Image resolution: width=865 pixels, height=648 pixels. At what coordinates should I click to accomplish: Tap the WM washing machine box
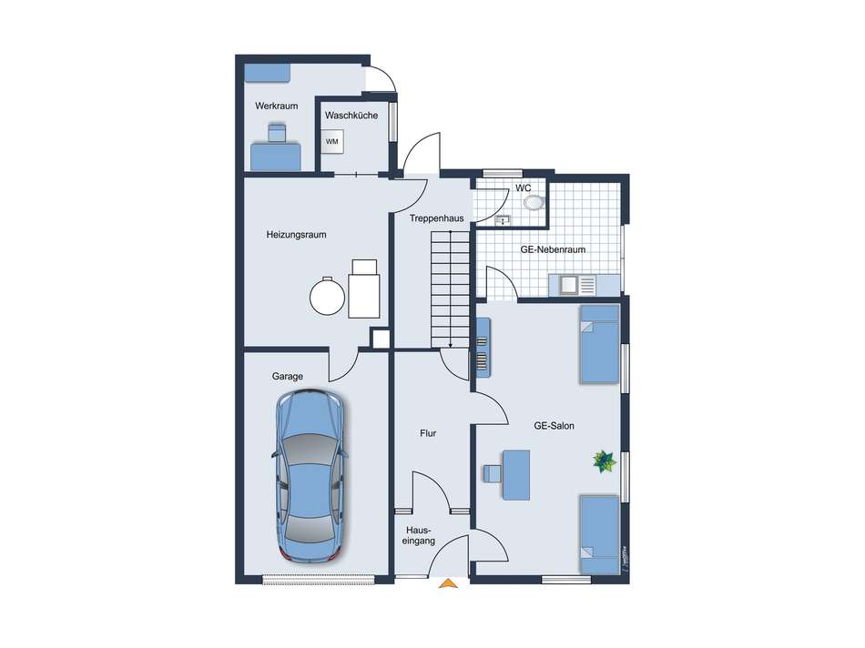pos(332,142)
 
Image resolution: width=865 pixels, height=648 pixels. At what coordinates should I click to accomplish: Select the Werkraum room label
pos(277,106)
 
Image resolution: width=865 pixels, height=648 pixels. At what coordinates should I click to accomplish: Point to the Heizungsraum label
pos(296,235)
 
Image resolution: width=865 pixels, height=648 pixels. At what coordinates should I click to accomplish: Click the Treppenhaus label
pos(437,218)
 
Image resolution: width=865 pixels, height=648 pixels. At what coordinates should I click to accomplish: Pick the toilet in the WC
pos(533,203)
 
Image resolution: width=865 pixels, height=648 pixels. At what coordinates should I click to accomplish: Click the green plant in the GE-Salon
pos(603,461)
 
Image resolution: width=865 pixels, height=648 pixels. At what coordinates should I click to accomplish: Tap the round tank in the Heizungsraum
pos(326,295)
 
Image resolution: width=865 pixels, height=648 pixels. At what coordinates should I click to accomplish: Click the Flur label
pos(428,433)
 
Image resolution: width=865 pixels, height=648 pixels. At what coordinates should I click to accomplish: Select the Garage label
pos(287,376)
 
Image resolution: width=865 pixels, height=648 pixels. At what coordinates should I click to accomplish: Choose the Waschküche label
pos(351,116)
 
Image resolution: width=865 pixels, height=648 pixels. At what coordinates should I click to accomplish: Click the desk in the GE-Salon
pos(517,474)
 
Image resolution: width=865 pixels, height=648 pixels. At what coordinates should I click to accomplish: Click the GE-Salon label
pos(554,425)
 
